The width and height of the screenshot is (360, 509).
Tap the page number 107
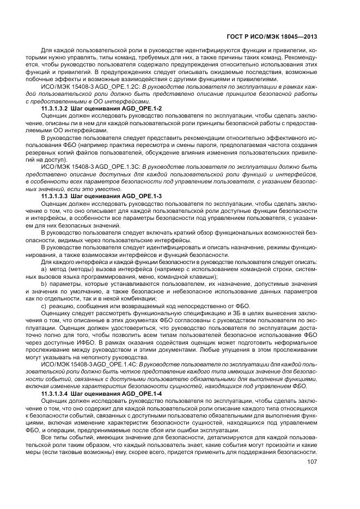pos(311,463)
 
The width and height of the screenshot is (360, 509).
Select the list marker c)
pos(44,306)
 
